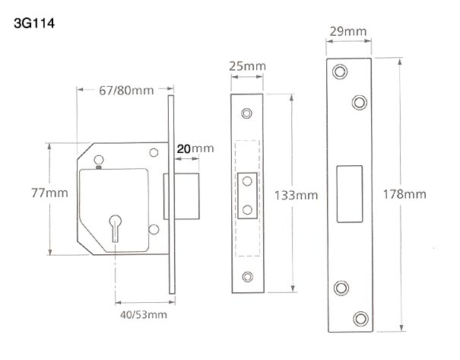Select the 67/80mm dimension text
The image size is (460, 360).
(x=126, y=91)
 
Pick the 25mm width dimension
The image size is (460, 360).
(x=246, y=66)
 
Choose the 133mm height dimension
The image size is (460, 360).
(x=296, y=196)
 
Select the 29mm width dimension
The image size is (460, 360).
(x=347, y=31)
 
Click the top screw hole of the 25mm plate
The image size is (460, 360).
(x=246, y=113)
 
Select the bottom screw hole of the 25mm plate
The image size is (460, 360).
(x=246, y=276)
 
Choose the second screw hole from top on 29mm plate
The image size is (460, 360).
(x=357, y=100)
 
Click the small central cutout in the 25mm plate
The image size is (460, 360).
(x=246, y=195)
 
